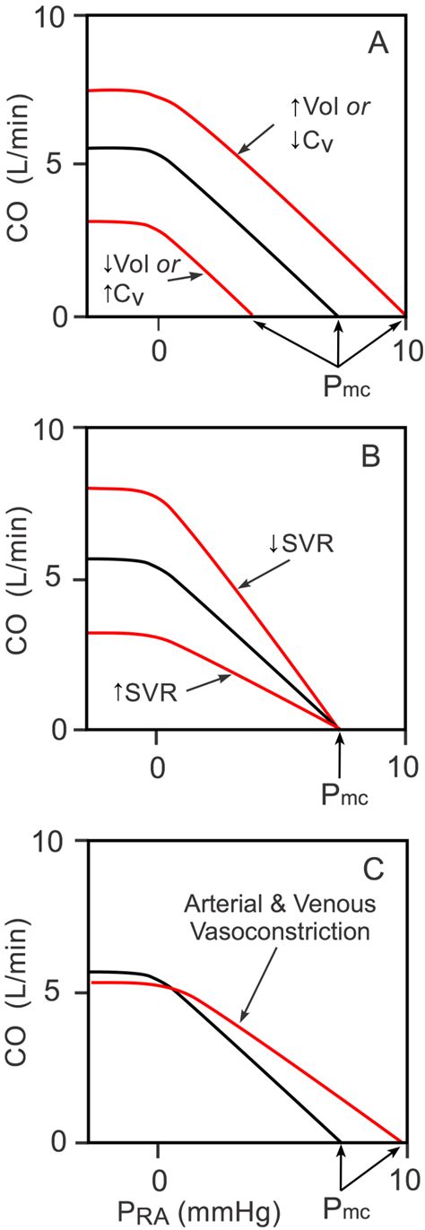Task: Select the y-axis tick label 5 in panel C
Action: [65, 992]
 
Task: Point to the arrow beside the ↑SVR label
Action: [207, 685]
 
